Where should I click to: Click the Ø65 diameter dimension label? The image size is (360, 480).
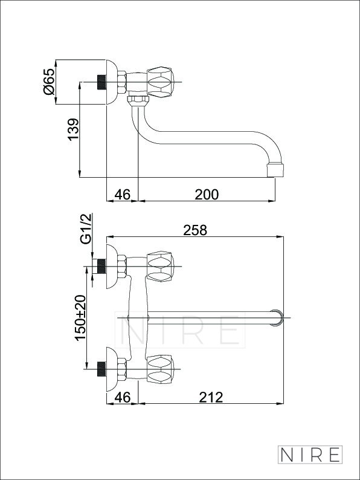(49, 82)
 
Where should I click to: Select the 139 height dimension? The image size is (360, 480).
(74, 129)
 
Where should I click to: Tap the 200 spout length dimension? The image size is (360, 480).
(207, 195)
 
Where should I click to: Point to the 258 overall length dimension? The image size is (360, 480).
(195, 230)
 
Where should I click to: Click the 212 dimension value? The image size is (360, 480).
(211, 397)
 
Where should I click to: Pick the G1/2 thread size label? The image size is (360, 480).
(86, 229)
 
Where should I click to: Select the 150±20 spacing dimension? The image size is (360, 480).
(81, 318)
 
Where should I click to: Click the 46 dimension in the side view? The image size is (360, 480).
(123, 195)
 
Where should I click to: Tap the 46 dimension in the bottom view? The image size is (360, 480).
(123, 397)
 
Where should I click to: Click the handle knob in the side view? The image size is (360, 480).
(161, 82)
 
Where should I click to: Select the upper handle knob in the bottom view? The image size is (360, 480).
(161, 267)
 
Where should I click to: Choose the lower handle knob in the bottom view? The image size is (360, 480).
(161, 369)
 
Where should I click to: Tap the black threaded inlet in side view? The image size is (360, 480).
(101, 82)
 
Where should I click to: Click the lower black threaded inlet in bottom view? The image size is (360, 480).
(101, 369)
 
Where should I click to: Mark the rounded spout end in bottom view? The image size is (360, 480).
(278, 318)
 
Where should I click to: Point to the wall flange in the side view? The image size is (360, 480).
(112, 82)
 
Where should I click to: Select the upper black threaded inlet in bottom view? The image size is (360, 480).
(101, 267)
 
